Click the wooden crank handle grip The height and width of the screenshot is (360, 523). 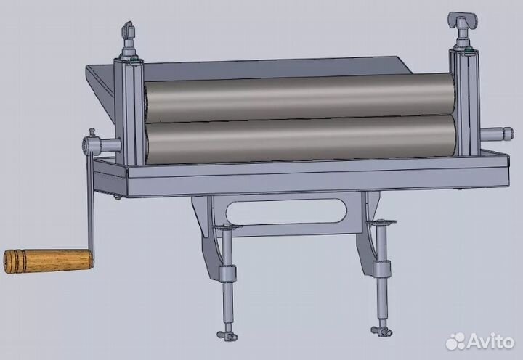pos(49,261)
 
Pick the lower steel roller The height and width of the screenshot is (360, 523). pos(301,139)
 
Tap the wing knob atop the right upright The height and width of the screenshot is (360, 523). pos(463,20)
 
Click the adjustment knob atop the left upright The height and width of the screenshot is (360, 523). pos(128,30)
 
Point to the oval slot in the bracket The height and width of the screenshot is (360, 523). pos(286,213)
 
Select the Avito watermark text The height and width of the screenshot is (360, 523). pos(490,341)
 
